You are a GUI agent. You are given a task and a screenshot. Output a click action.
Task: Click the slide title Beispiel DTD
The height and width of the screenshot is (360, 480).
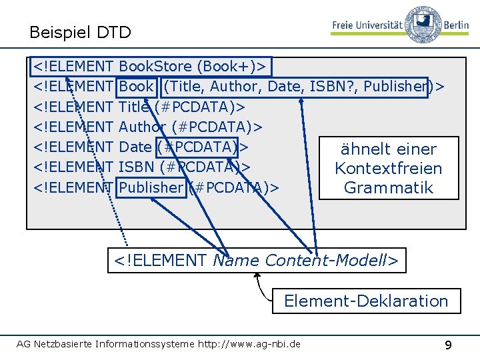point(80,32)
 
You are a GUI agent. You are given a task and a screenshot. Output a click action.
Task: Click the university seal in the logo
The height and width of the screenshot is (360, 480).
point(423,24)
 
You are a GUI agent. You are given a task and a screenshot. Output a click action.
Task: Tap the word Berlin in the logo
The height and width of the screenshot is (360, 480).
point(456,25)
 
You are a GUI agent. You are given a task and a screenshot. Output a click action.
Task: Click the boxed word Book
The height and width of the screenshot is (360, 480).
point(136,86)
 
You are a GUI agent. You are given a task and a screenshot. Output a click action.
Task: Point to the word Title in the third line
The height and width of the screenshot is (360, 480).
point(134,107)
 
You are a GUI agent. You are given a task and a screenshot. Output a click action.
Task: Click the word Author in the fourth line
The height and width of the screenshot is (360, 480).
point(143,127)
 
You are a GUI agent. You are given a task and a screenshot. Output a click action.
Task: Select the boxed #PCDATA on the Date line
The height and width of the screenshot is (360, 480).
point(197,147)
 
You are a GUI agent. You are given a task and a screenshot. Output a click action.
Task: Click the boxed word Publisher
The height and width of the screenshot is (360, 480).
point(151,187)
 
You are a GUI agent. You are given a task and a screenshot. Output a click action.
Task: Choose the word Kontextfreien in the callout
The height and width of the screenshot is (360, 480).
point(389,169)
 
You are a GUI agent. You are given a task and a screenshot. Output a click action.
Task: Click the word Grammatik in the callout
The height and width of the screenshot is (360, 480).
point(389,187)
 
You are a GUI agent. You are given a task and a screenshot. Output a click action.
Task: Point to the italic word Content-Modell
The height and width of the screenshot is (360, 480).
point(325,261)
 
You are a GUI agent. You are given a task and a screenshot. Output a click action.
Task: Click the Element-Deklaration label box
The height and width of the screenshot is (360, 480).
point(367,301)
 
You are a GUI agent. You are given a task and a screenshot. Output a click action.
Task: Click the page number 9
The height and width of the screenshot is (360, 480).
point(448,345)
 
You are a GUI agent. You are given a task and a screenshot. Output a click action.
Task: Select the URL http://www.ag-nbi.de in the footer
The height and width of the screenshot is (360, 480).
point(249,344)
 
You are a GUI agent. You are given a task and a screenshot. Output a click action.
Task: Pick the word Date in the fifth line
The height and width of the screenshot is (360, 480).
point(135,147)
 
